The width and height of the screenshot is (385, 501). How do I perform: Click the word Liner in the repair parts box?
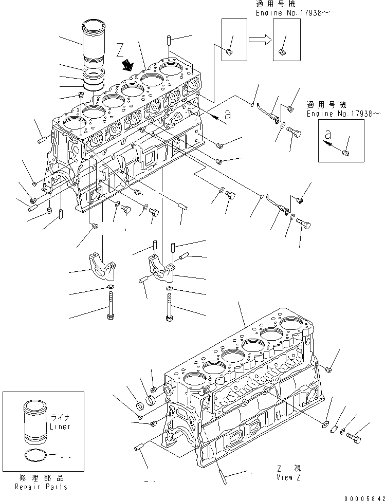[x=60, y=427]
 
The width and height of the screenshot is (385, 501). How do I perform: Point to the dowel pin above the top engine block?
[x=169, y=41]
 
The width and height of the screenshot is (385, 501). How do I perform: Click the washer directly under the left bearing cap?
[x=110, y=286]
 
